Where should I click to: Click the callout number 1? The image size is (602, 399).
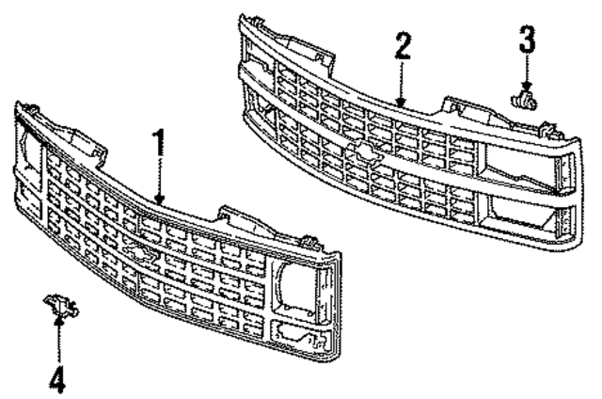pos(159,142)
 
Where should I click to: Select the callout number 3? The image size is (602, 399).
pos(526,40)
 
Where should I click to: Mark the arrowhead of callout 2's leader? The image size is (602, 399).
pos(402,102)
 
